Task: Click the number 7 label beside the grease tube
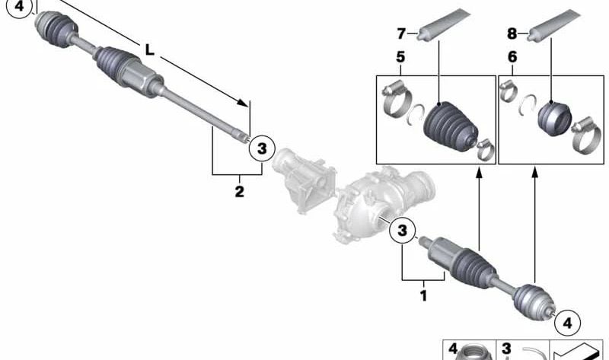401,33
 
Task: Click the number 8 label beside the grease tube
512,33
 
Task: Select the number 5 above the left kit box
400,57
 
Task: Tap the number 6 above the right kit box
512,57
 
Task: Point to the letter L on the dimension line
149,49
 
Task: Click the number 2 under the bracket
239,191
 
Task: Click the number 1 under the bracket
423,295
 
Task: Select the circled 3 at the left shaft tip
262,148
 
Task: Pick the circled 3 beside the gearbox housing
403,230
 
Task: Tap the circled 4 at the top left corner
19,7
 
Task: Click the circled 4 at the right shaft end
567,323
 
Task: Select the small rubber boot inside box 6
554,119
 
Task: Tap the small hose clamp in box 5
485,149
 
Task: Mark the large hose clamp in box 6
587,135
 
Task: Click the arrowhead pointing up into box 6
535,171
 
